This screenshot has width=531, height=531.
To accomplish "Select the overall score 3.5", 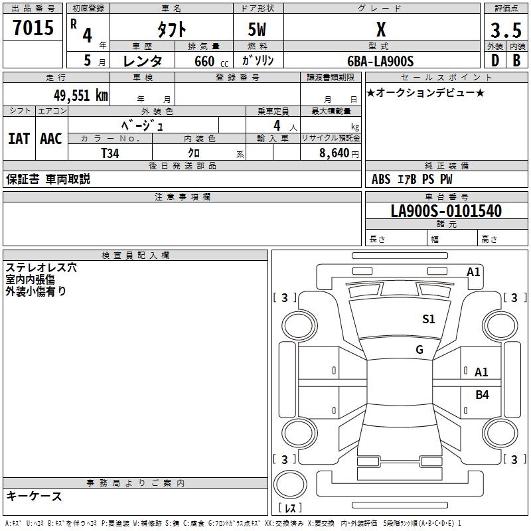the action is click(504, 31).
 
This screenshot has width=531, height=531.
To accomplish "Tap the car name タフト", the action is click(171, 30).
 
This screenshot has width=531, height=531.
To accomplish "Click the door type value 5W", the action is click(258, 30).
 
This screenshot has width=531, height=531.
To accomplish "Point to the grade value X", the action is click(381, 30).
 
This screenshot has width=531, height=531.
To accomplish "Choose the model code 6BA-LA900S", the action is click(380, 61).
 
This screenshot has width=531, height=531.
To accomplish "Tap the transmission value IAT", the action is click(19, 139).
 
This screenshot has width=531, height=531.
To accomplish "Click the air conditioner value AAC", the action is click(50, 139).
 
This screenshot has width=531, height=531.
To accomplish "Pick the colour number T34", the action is click(110, 153).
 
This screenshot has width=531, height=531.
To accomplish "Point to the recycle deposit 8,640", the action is click(335, 153).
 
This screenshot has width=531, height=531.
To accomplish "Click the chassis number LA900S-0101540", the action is click(446, 211).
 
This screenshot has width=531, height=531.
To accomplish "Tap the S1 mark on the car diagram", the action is click(429, 319).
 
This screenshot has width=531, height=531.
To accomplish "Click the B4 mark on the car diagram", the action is click(482, 395).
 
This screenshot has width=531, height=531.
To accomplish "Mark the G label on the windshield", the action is click(419, 350).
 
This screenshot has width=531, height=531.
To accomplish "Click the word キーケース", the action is click(35, 496).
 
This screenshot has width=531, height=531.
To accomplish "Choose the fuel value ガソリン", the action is click(258, 61).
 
